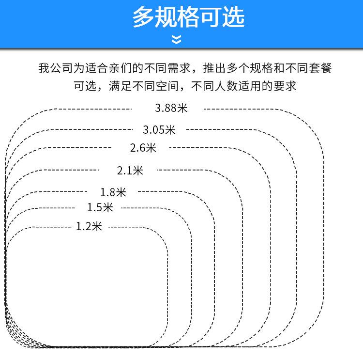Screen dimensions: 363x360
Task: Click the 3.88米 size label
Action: [x=171, y=108]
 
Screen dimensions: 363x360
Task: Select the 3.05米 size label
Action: [x=159, y=129]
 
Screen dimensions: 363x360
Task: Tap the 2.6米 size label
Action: [x=143, y=148]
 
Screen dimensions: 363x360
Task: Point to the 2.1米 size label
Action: [x=130, y=170]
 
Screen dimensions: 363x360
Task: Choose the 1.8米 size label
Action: [x=113, y=192]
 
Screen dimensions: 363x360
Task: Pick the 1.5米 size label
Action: [x=100, y=207]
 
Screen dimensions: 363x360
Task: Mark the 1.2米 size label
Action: [x=89, y=226]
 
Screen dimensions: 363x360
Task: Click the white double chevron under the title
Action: [x=177, y=39]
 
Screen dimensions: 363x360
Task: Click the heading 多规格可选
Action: [x=188, y=17]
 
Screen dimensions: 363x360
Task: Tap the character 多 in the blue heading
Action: [x=144, y=17]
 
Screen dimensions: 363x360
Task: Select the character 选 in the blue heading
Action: [x=233, y=17]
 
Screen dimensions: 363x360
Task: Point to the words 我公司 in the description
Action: [x=56, y=68]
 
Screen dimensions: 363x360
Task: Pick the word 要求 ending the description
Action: [x=285, y=87]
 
